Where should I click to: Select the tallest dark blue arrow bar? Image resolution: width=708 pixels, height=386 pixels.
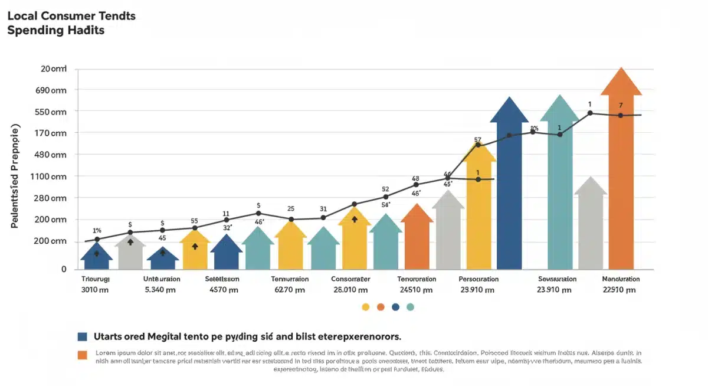[509, 189]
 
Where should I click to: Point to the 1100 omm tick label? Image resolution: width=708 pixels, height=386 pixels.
[52, 176]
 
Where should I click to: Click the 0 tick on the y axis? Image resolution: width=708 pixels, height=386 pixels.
[64, 269]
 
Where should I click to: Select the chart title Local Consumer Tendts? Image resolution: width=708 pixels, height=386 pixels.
[71, 16]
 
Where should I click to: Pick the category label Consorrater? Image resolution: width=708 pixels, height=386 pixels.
[350, 279]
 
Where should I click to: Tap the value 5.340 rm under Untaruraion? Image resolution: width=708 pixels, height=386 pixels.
[160, 290]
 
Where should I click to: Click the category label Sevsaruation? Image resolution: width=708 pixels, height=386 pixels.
[557, 279]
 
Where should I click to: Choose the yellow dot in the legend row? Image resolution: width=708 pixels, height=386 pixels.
[365, 307]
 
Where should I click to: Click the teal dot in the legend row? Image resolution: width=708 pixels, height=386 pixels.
[411, 307]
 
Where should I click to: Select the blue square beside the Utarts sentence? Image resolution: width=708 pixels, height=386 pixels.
[83, 336]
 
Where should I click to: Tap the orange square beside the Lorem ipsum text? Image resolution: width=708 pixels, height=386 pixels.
[83, 355]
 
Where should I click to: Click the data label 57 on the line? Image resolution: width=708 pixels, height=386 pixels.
[477, 140]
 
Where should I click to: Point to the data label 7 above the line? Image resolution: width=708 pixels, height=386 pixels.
[621, 106]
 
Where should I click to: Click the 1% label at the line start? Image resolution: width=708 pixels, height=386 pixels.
[97, 230]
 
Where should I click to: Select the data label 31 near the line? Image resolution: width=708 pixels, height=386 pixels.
[323, 208]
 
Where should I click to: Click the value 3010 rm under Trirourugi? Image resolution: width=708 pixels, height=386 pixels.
[96, 290]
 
